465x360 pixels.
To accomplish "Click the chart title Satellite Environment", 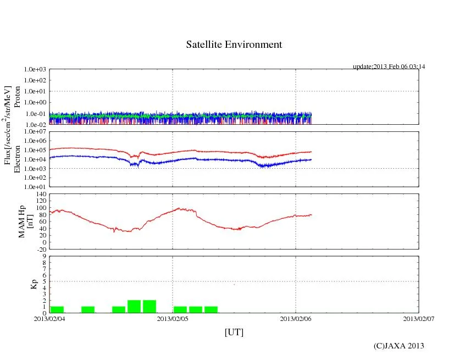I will coord(234,45).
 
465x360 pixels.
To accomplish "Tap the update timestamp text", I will coord(389,67).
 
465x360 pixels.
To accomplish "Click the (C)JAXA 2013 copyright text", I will coord(398,345).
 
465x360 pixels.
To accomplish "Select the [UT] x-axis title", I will coord(234,332).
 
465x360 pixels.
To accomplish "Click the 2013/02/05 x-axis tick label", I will coord(173,318).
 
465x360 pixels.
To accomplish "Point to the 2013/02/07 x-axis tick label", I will coord(419,318).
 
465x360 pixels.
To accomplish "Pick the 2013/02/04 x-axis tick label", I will coord(49,318).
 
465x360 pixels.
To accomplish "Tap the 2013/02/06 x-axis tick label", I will coord(296,318).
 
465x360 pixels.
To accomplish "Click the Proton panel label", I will coord(17,97).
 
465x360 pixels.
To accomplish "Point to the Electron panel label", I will coord(17,159).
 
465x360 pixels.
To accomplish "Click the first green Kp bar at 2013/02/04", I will coord(57,309).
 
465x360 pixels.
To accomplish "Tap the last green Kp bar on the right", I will coord(211,309).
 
